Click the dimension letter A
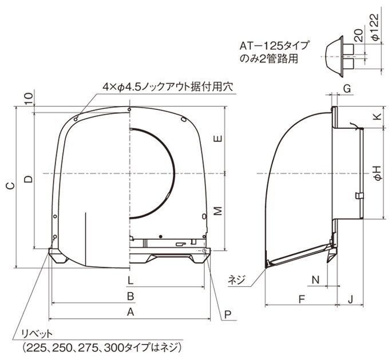(x=130, y=312)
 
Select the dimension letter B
(x=130, y=296)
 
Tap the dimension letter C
(x=10, y=186)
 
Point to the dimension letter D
(x=29, y=179)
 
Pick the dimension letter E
(x=218, y=139)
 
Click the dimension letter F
(x=302, y=299)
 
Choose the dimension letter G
(x=347, y=89)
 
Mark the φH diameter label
(x=378, y=173)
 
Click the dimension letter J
(x=350, y=299)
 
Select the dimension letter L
(x=130, y=280)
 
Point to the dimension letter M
(x=218, y=211)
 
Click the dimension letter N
(x=316, y=280)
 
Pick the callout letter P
(x=228, y=315)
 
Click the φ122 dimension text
(x=375, y=27)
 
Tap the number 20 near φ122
(x=359, y=35)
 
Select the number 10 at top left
(x=29, y=98)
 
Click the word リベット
(x=37, y=334)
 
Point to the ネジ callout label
(x=236, y=280)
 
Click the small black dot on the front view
(x=161, y=236)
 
